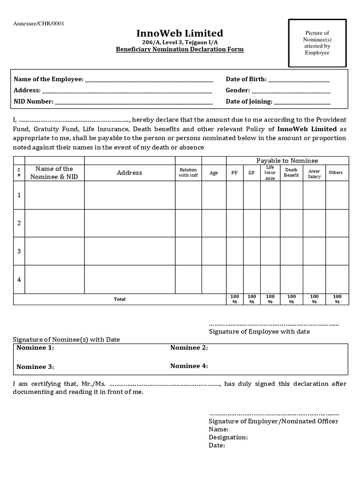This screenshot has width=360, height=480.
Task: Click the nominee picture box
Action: pos(317,43)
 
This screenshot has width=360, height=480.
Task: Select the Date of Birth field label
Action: pos(246,79)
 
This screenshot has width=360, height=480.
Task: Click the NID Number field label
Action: pos(33,101)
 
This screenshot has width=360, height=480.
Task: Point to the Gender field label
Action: pos(238,90)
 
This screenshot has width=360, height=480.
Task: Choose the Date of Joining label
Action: pos(249,101)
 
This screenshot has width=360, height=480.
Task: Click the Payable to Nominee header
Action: pos(287,161)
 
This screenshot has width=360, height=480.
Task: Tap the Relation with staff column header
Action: pos(188,172)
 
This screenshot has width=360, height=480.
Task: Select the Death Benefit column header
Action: pos(291,172)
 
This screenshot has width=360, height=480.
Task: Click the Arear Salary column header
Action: pos(314,174)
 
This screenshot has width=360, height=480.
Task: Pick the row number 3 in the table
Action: pos(19,251)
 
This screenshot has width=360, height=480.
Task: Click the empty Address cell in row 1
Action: pos(129,195)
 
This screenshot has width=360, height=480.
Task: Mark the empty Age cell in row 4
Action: pos(214,279)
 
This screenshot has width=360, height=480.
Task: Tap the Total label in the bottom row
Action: pos(120,299)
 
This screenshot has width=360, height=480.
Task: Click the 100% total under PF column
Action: pos(234,299)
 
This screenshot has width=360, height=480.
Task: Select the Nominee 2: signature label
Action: pos(189,348)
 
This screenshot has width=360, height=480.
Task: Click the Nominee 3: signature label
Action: pos(35,367)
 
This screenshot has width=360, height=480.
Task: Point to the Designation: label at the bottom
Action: pos(228,437)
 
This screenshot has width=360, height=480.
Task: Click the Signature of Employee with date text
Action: pos(259,331)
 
